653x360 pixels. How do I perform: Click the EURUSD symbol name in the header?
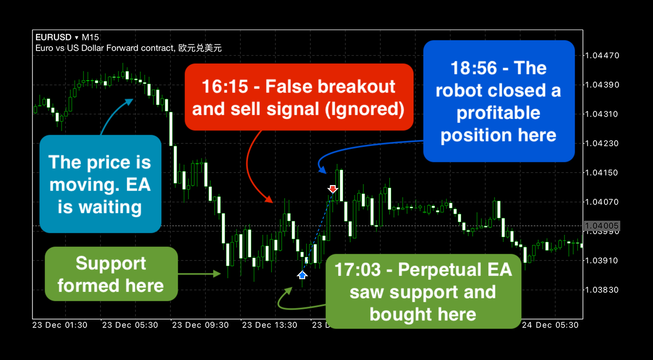point(53,37)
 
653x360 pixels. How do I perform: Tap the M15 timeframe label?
point(90,37)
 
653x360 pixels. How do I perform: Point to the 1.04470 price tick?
point(602,55)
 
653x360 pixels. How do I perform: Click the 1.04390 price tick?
point(602,85)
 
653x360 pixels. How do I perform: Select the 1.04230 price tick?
point(602,143)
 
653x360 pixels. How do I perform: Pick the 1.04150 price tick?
point(602,172)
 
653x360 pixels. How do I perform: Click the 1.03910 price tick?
point(602,260)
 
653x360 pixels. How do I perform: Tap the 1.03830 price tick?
point(602,290)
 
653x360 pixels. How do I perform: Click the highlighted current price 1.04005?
point(602,225)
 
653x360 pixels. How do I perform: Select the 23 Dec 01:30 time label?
point(60,325)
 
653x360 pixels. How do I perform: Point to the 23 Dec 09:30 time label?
point(200,325)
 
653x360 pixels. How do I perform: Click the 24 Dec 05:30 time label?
point(550,325)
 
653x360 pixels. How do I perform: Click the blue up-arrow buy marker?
point(302,274)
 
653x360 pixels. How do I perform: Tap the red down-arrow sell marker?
point(332,189)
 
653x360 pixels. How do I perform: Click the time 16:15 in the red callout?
point(225,86)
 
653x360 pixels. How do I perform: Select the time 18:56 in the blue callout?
point(474,68)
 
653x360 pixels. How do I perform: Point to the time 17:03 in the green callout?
point(358,269)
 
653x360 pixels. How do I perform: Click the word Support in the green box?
point(111,263)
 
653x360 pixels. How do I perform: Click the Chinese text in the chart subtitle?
point(200,48)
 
